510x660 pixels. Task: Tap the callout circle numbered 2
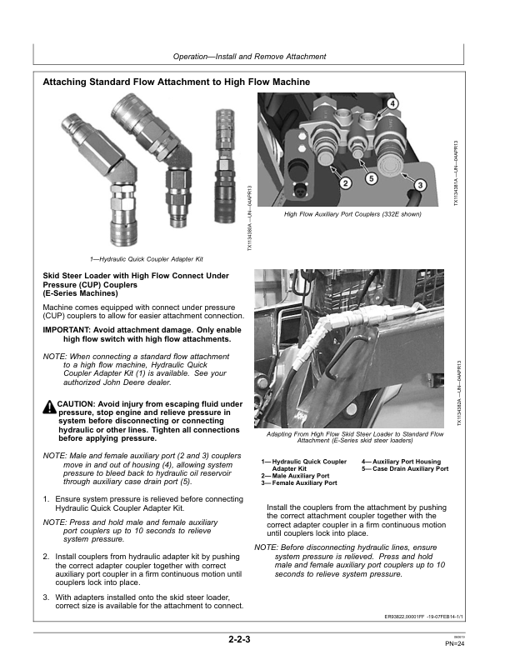pos(345,182)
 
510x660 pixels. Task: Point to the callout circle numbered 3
pos(421,184)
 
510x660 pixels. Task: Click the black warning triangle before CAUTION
pos(48,406)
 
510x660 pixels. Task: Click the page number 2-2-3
pos(240,640)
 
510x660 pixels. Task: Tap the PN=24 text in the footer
pos(455,643)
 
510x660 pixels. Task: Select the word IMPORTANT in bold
pos(70,330)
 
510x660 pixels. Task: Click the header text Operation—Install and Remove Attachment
pos(249,57)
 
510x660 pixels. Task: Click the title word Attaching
pos(69,82)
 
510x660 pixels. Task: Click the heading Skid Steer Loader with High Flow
pos(123,275)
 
